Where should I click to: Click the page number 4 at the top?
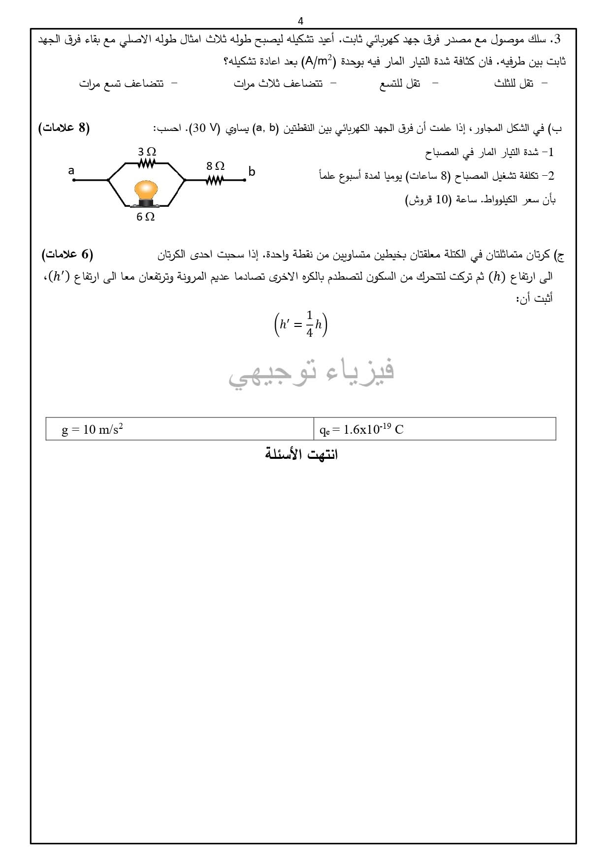(301, 21)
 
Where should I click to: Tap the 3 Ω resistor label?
(147, 152)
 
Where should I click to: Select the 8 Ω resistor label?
(216, 166)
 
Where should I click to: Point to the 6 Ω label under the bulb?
(146, 217)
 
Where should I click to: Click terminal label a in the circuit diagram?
(71, 171)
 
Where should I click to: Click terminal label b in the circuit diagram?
(252, 172)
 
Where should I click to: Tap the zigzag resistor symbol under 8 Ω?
(215, 180)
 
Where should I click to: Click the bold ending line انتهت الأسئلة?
(301, 454)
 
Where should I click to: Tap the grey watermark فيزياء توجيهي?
(311, 372)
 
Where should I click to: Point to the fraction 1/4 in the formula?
(309, 324)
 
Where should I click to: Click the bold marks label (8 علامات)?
(64, 128)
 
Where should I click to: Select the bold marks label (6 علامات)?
(67, 255)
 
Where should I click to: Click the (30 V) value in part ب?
(205, 129)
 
